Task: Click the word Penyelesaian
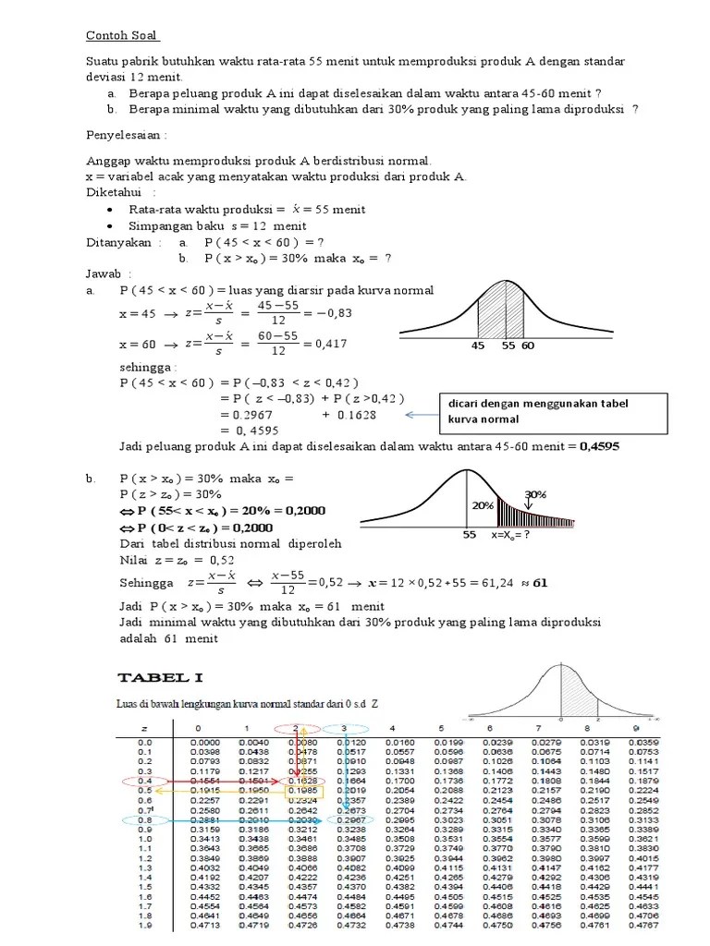pos(117,134)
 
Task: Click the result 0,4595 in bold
pos(600,447)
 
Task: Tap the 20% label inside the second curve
pos(482,505)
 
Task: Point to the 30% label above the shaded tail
pos(535,494)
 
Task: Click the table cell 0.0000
pos(207,742)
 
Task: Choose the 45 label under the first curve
pos(478,346)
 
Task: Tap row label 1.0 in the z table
pos(144,839)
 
